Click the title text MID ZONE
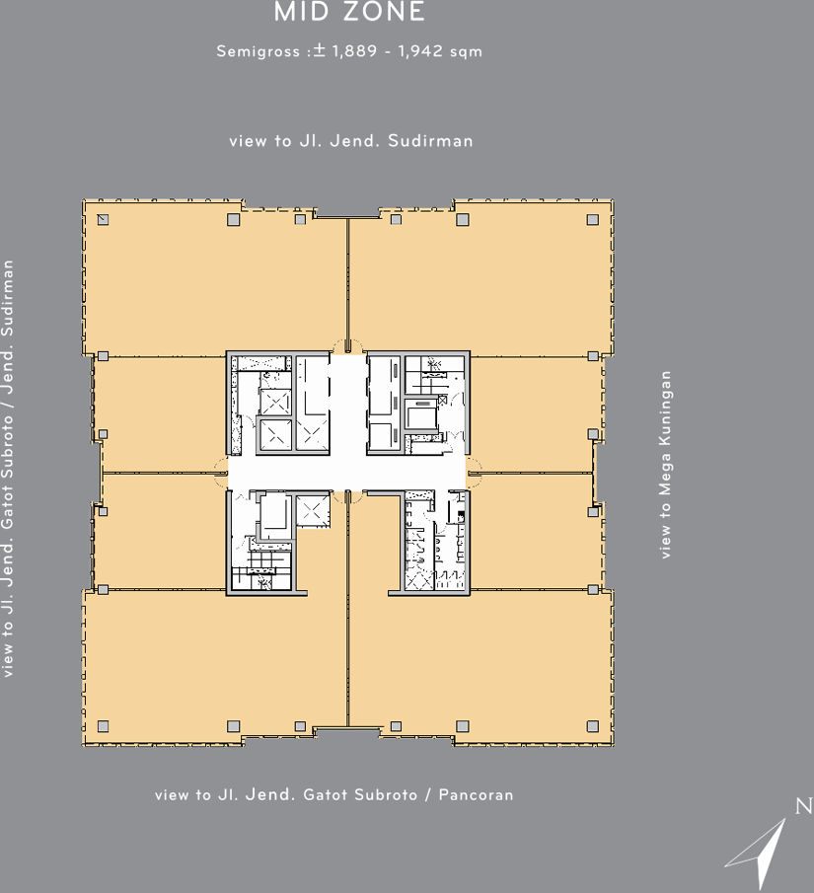[349, 12]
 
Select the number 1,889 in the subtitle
[354, 50]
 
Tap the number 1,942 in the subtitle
[420, 50]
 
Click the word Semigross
[259, 51]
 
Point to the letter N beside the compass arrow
[804, 806]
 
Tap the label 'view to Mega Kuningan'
[665, 465]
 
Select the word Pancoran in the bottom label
[476, 794]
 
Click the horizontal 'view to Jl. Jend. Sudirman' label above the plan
[351, 141]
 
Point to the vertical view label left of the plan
[8, 469]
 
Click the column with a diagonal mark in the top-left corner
[103, 219]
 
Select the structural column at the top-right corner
[593, 219]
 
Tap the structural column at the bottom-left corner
[103, 726]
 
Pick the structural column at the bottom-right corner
[593, 726]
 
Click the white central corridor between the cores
[347, 473]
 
